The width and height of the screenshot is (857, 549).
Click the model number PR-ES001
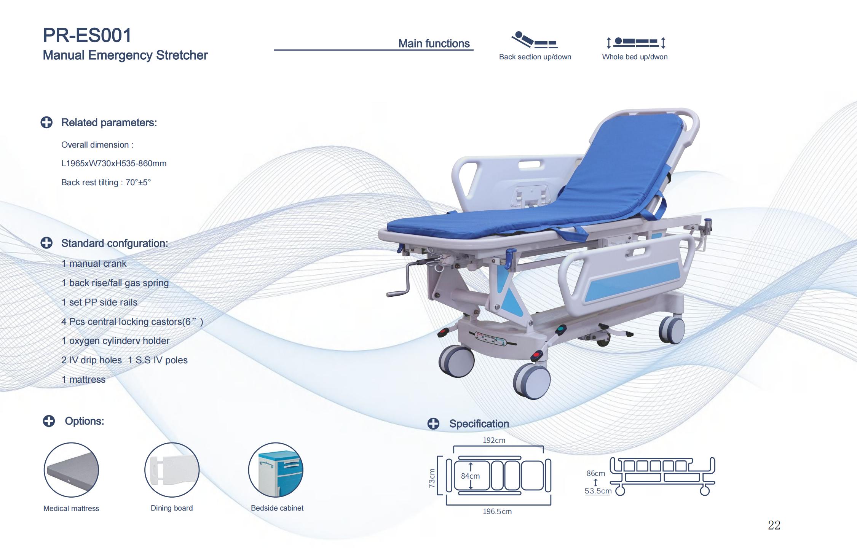point(87,35)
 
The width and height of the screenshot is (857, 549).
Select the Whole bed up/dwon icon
point(635,42)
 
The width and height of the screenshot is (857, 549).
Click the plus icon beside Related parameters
point(46,123)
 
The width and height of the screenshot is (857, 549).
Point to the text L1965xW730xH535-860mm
point(114,164)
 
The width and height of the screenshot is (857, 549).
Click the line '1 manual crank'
point(94,264)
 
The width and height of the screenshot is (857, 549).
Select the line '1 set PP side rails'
point(99,302)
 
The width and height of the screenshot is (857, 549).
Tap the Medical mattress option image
point(71,470)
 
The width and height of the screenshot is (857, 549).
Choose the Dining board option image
point(172,470)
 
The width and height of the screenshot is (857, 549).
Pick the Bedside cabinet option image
point(276,470)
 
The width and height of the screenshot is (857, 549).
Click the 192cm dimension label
point(494,440)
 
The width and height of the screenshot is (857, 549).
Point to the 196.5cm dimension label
point(497,512)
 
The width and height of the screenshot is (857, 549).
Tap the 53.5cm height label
point(598,491)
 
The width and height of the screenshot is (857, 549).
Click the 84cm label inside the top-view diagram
point(470,476)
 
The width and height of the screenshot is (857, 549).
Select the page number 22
point(774,525)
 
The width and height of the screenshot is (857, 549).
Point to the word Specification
point(479,424)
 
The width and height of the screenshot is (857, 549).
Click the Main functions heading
point(434,44)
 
